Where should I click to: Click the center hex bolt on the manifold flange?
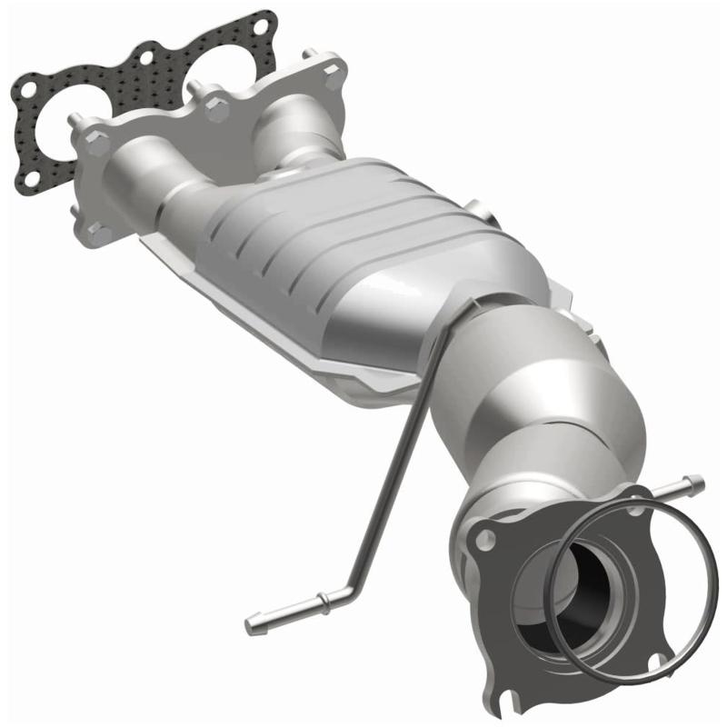click(x=216, y=109)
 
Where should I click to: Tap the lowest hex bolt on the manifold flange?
click(x=100, y=234)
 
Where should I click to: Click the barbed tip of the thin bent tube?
click(x=254, y=626)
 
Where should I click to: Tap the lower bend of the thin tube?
click(x=352, y=586)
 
